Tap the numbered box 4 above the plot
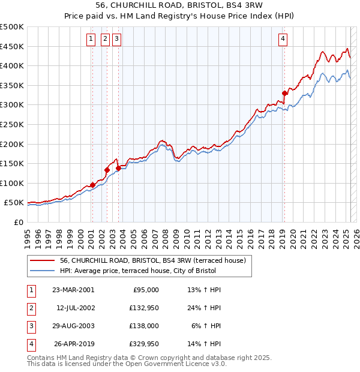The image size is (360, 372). pyautogui.click(x=283, y=40)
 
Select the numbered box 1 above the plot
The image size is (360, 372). pyautogui.click(x=91, y=40)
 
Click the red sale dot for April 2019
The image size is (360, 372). pyautogui.click(x=284, y=93)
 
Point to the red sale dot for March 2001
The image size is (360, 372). pyautogui.click(x=92, y=185)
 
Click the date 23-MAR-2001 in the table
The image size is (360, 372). pyautogui.click(x=73, y=290)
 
